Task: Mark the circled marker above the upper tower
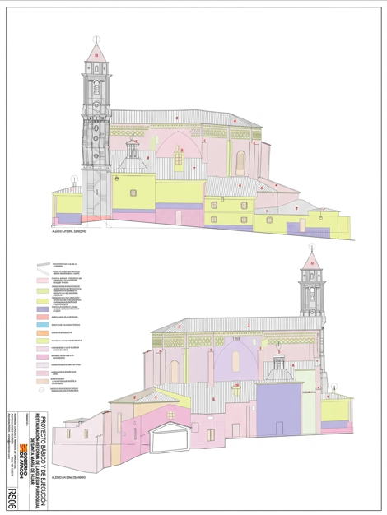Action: click(96, 39)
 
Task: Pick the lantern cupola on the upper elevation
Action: click(133, 153)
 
